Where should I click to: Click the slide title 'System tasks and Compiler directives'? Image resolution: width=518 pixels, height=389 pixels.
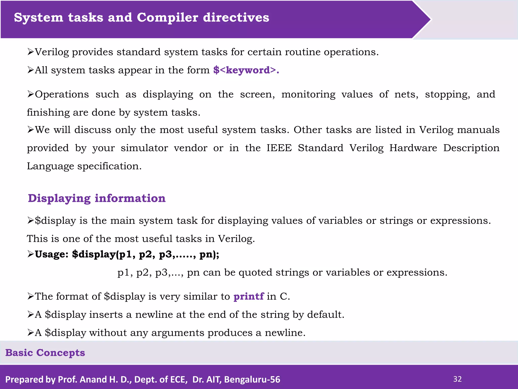(141, 18)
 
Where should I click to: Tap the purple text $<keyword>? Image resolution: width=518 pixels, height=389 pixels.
(246, 70)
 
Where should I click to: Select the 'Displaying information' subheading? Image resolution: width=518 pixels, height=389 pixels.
(97, 198)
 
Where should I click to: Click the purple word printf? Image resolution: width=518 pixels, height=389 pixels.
(248, 296)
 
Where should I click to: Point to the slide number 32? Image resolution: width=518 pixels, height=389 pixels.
(457, 379)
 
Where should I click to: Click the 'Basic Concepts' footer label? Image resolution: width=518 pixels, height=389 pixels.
(45, 353)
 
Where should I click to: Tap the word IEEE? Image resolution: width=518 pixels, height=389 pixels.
(279, 148)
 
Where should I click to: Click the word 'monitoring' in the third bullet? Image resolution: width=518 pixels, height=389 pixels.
(308, 94)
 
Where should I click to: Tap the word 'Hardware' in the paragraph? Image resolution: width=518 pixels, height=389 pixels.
(413, 148)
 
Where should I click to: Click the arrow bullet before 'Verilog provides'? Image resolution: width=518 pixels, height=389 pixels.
(31, 52)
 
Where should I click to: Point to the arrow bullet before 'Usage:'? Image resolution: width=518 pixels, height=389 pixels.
(31, 254)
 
